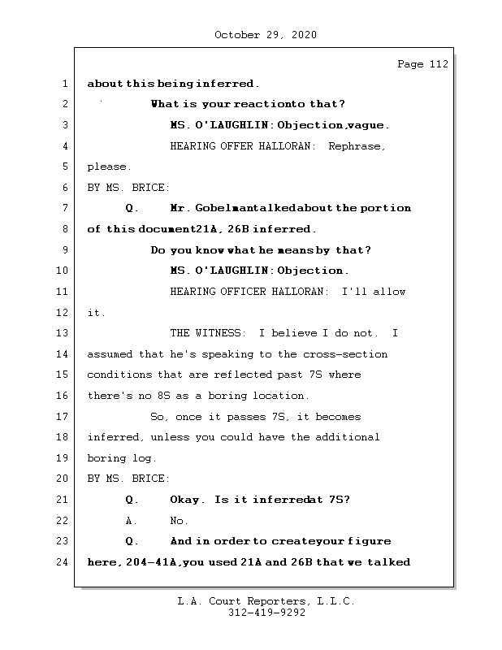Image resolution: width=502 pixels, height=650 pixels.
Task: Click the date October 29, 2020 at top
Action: click(x=266, y=35)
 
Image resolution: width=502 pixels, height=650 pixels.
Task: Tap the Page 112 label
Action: click(x=422, y=65)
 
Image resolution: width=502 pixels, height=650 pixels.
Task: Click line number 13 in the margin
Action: click(x=64, y=333)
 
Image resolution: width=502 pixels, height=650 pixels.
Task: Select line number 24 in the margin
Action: click(x=64, y=561)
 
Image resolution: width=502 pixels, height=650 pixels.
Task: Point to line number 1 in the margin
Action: click(x=64, y=84)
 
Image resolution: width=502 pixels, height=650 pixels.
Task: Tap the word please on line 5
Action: click(x=107, y=167)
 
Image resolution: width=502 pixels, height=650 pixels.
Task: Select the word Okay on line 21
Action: click(x=188, y=500)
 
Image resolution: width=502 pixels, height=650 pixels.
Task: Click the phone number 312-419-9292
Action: click(x=266, y=613)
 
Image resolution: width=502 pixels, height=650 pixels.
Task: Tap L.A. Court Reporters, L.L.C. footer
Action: click(x=266, y=602)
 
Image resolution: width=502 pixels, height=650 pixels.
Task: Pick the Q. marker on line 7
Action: click(x=132, y=208)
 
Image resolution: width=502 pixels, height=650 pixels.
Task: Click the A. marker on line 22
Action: click(x=132, y=521)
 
